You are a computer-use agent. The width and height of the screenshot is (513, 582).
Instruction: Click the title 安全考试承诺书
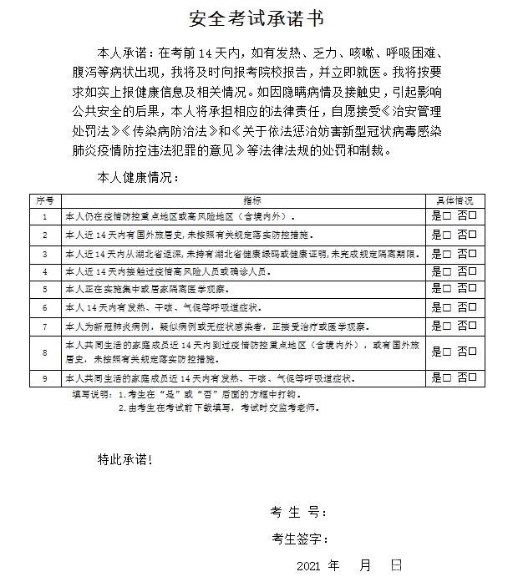click(256, 18)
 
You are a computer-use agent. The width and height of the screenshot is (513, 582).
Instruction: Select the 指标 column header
click(251, 200)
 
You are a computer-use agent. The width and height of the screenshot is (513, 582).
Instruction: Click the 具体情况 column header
click(455, 200)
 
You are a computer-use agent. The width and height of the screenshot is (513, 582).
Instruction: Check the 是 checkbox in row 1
click(447, 215)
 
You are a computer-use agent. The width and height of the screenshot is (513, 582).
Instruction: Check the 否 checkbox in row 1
click(473, 215)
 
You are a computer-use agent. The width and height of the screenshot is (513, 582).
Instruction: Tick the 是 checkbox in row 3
click(447, 252)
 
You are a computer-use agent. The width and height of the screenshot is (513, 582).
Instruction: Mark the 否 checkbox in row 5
click(473, 289)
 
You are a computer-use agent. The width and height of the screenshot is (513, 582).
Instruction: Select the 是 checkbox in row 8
click(447, 352)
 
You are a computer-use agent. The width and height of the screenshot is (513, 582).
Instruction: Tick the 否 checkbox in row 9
click(473, 378)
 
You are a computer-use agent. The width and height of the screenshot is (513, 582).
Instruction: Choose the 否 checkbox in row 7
click(473, 326)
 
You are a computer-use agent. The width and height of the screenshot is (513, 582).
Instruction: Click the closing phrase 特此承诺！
click(126, 458)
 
